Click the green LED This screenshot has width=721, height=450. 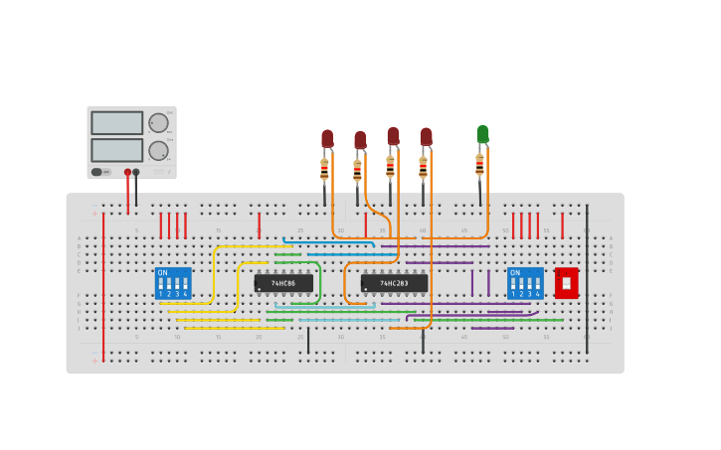tap(482, 134)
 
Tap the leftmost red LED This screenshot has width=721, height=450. tap(327, 139)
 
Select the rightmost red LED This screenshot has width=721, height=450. tap(426, 137)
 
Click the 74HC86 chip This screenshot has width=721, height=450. tap(283, 283)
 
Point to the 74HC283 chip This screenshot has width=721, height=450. tap(394, 283)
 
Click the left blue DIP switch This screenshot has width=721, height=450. tap(173, 283)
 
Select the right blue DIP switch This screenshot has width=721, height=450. tap(525, 283)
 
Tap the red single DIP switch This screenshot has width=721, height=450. tap(566, 283)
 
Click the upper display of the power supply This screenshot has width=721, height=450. tap(117, 123)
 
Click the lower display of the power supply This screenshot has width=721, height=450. tap(117, 150)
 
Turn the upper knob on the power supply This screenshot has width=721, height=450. tap(158, 123)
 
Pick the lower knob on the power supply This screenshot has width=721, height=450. tap(158, 150)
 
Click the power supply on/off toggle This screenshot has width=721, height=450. tap(97, 172)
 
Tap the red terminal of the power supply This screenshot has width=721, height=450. tap(127, 172)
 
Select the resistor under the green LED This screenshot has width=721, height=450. tap(479, 164)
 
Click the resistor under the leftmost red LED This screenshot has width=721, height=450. tap(324, 171)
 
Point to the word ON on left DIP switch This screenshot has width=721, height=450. tap(163, 272)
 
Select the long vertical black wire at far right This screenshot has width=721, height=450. tap(587, 278)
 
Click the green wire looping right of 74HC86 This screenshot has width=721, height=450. tap(319, 283)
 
